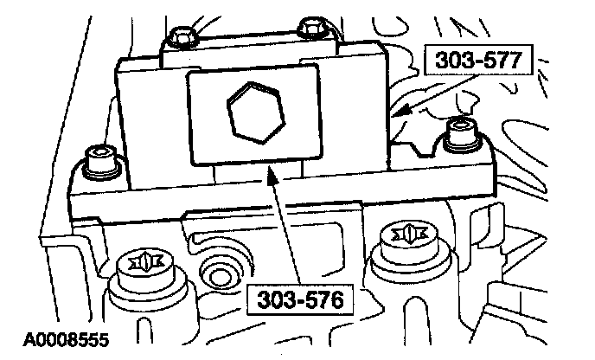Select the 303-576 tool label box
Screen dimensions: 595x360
(x=297, y=299)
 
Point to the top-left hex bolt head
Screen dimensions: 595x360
(x=183, y=36)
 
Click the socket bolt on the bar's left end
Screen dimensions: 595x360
(x=100, y=162)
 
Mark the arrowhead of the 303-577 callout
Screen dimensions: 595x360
(x=394, y=113)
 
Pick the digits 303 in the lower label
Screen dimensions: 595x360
(x=272, y=299)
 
